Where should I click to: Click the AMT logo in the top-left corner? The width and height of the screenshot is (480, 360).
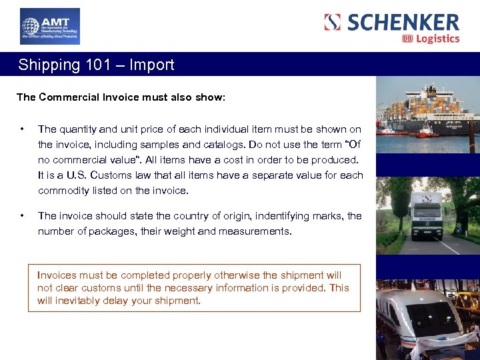click(49, 26)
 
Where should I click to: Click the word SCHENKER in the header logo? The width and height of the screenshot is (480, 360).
click(403, 22)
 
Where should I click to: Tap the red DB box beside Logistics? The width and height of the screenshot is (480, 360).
click(407, 39)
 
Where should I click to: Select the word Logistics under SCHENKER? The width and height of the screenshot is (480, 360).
click(438, 39)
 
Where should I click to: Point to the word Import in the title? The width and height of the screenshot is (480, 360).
click(152, 65)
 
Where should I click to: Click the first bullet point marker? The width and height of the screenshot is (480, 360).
click(23, 129)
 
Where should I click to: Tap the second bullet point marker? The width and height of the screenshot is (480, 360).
click(23, 216)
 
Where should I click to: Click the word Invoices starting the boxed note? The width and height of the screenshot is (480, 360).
click(57, 275)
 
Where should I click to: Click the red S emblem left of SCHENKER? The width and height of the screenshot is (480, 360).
click(332, 22)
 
